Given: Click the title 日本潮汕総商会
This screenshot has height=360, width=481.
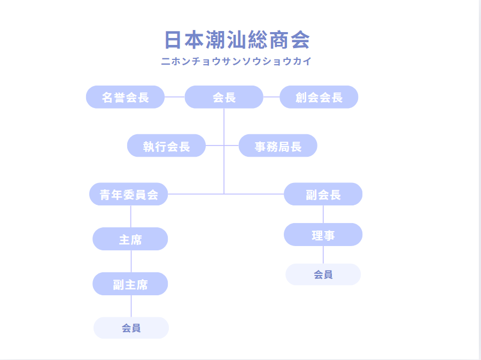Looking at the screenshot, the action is pos(237,40).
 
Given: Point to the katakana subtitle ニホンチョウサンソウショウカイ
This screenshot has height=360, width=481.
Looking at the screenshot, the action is pos(236,61).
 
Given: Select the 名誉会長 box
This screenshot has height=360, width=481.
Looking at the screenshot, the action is pos(125,97).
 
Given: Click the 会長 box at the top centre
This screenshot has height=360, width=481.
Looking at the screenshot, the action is pos(224,97).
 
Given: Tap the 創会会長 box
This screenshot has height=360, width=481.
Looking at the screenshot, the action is pos(319,97).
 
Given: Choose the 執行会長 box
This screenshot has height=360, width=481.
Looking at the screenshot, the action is pos(166,145).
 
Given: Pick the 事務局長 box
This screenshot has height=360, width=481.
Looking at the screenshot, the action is pos(278,145).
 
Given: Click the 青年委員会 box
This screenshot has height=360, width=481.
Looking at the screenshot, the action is pos(128,194).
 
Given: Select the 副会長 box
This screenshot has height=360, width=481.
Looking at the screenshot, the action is pos(323,194).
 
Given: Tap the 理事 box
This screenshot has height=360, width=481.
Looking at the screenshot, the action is pos(323,234).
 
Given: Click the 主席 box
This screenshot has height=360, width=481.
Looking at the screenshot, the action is pos(130,239).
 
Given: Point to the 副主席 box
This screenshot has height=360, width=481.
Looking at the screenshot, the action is pos(130,284).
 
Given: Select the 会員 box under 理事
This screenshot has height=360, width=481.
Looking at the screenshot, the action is pos(323,274).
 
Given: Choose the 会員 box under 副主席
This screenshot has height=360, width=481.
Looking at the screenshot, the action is pos(131,328).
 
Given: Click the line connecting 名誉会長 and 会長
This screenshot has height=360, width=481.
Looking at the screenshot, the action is pos(175,97).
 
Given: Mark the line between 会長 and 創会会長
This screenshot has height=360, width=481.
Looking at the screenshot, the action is pos(271,97).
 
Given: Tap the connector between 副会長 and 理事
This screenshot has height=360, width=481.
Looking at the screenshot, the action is pos(323,214).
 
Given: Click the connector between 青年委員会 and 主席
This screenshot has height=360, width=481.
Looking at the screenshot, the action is pos(131,216).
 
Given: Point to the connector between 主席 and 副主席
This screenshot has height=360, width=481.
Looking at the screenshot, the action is pos(131,261).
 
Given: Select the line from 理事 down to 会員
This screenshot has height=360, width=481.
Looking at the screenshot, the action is pos(323,255).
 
